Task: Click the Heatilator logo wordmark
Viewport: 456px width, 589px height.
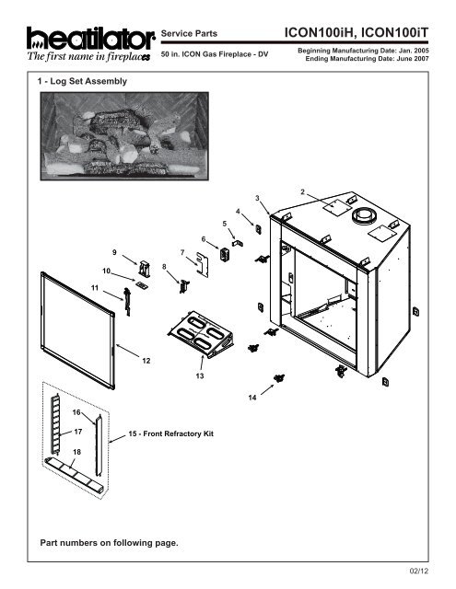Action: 90,38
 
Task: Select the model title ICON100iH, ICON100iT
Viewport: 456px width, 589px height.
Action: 357,33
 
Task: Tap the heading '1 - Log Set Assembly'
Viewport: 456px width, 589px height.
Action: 82,81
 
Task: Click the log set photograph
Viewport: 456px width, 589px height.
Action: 124,136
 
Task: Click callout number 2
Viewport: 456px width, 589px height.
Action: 303,192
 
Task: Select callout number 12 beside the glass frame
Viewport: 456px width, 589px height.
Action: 146,361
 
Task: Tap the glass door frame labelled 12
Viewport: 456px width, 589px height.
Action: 77,330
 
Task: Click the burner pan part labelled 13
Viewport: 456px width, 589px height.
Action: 201,334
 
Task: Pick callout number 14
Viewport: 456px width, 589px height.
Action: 252,398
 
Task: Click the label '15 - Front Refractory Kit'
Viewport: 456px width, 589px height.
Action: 171,433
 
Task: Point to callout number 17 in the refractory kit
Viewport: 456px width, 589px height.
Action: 77,432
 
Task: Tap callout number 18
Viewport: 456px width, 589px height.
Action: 76,452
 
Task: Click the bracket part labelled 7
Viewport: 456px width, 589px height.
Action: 203,264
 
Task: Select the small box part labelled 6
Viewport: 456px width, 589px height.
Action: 225,254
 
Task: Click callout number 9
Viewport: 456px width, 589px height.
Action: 114,252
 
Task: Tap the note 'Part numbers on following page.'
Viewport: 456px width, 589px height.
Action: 109,543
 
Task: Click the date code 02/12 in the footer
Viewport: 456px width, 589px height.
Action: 419,572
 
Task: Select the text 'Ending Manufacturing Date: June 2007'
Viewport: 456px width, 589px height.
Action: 367,59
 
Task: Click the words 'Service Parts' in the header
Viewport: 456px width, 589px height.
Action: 189,33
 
